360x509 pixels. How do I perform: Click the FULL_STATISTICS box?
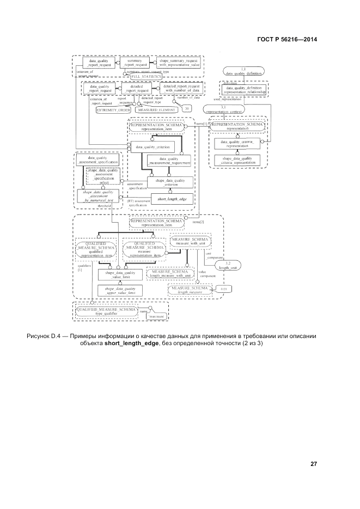tap(145, 77)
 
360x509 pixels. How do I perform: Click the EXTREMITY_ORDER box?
tap(113, 109)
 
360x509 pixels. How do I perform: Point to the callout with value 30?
tap(187, 108)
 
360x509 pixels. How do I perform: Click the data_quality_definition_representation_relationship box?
tap(243, 89)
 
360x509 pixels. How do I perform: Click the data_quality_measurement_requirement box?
tap(169, 160)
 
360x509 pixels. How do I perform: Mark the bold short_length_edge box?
tap(172, 199)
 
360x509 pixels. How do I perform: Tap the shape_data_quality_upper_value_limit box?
tap(120, 290)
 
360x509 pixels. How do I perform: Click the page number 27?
tap(313, 464)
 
